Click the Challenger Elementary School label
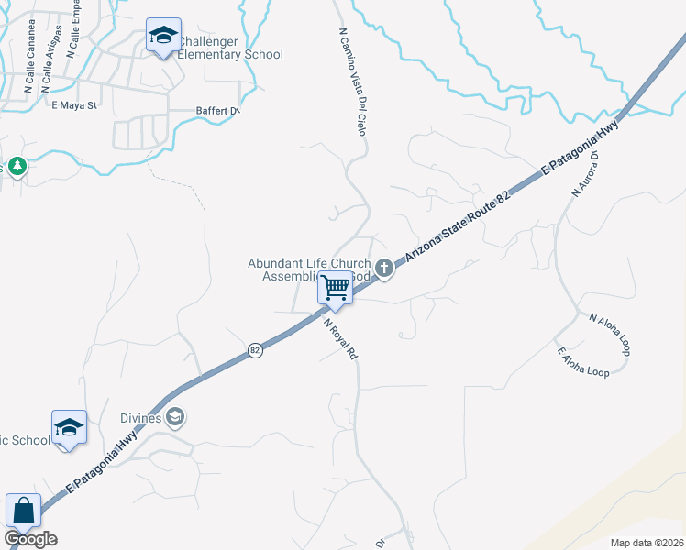pos(229,49)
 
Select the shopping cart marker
pos(336,289)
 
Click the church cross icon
pos(384,269)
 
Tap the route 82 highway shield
pos(255,351)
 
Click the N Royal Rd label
pos(338,336)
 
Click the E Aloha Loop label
pos(582,362)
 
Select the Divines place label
pos(143,419)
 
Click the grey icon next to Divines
pos(175,419)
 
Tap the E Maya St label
pos(73,106)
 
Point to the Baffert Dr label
pos(217,112)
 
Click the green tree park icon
pos(17,166)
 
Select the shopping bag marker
pos(22,511)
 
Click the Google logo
pos(30,539)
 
